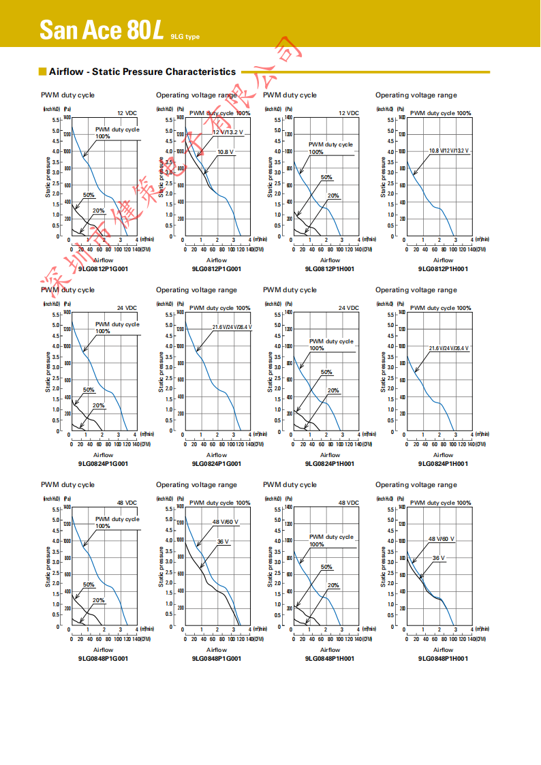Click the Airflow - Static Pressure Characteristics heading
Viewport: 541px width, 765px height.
coord(142,72)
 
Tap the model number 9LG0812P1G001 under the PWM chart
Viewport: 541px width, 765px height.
coord(103,268)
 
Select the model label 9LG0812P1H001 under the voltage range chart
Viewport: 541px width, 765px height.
coord(443,268)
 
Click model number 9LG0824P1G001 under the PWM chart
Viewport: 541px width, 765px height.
coord(103,463)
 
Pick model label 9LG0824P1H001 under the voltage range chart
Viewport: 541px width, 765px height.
coord(443,463)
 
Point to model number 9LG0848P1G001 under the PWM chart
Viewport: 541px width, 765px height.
coord(103,658)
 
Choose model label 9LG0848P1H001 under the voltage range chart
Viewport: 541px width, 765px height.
coord(443,658)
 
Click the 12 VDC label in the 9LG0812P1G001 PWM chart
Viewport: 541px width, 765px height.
coord(127,113)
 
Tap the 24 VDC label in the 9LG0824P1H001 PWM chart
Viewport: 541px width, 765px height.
coord(349,308)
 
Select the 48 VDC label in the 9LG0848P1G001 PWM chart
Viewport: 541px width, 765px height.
coord(127,503)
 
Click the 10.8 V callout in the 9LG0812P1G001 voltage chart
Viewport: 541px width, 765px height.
coord(226,151)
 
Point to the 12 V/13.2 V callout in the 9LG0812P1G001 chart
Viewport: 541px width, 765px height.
coord(228,131)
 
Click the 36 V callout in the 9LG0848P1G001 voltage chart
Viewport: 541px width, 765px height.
coord(223,541)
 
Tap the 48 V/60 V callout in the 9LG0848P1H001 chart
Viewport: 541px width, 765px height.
coord(441,539)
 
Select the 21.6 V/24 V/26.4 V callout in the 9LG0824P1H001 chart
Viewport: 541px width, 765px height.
coord(448,348)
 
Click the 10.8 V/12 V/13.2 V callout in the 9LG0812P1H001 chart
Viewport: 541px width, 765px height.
coord(449,150)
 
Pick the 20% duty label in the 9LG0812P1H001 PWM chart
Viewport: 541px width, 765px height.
coord(333,196)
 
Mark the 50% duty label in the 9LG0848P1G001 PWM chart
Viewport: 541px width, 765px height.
coord(89,584)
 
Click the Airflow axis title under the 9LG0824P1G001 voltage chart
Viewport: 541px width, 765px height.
coord(217,455)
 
